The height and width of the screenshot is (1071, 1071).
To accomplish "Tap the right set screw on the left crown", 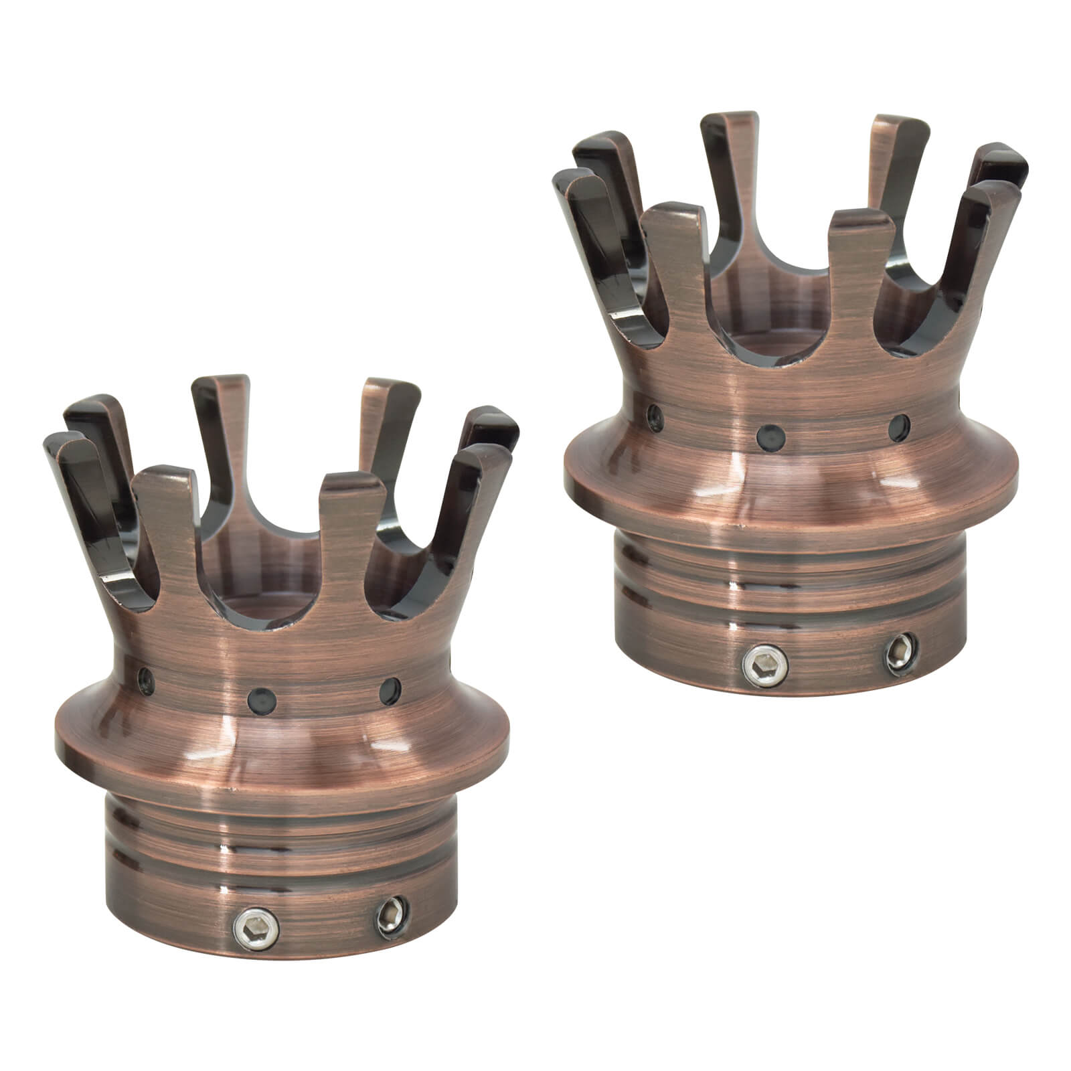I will (388, 912).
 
